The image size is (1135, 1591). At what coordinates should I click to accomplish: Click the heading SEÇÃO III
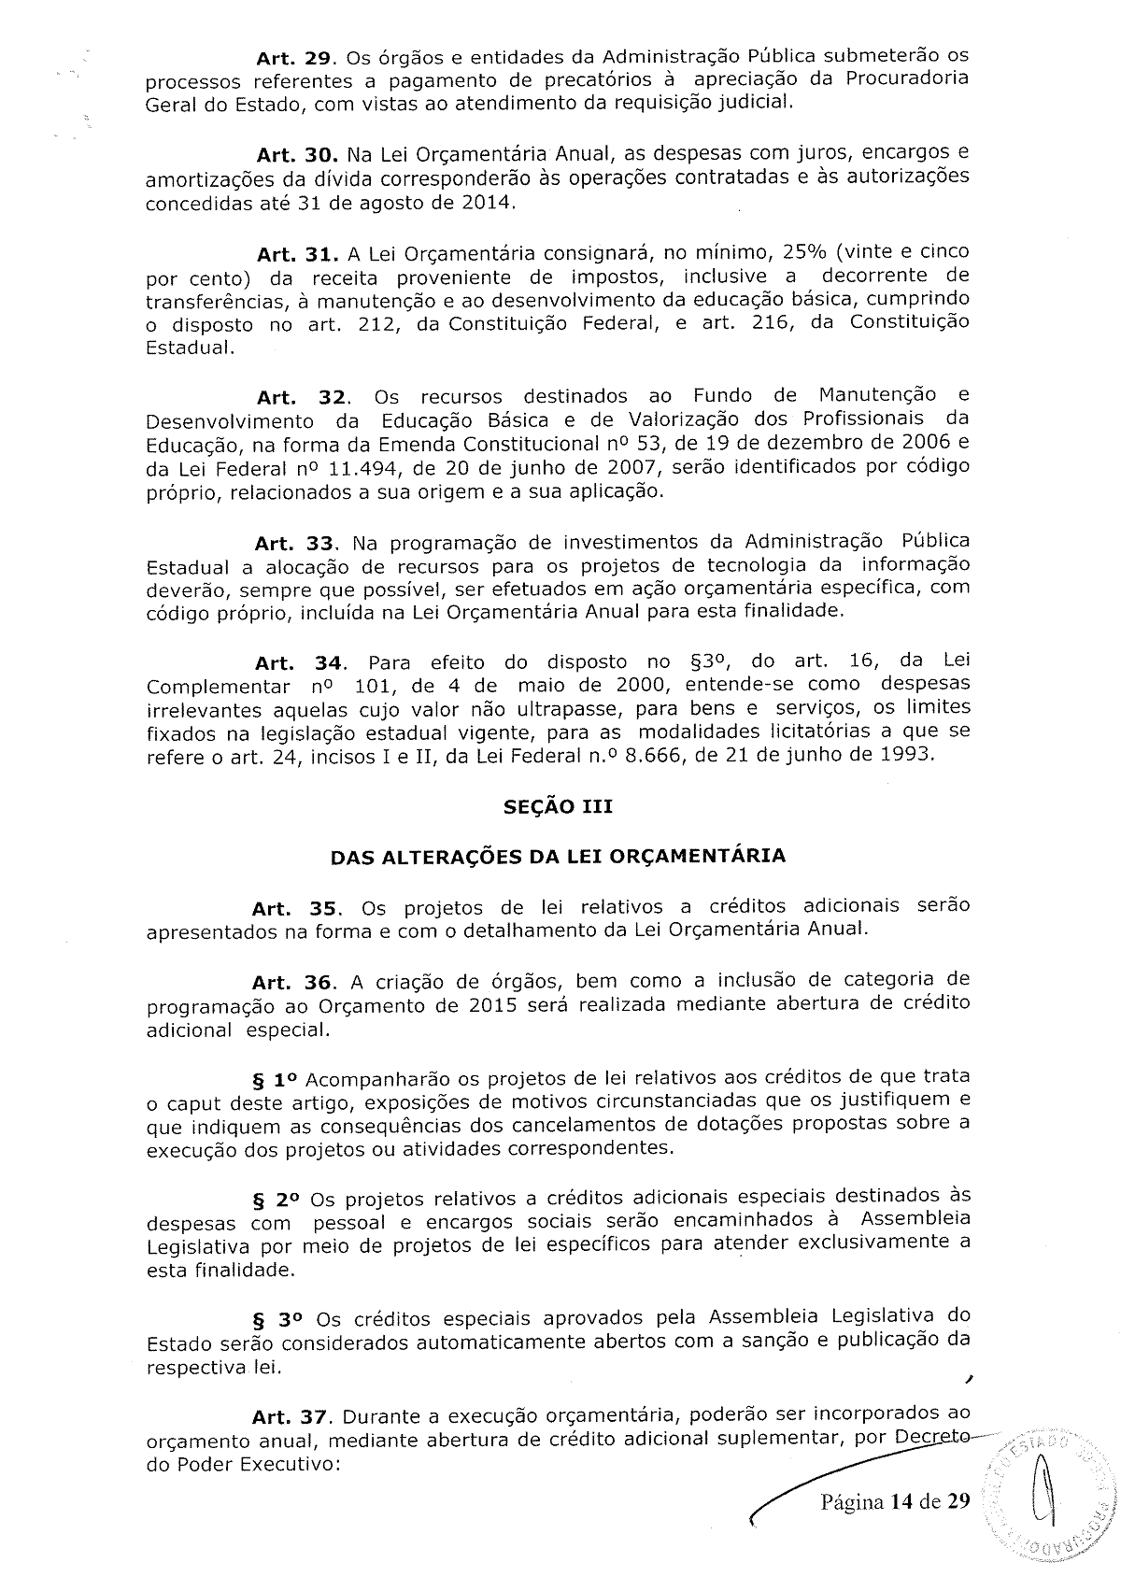coord(558,806)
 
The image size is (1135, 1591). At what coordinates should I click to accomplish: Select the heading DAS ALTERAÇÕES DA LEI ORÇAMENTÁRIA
coord(558,856)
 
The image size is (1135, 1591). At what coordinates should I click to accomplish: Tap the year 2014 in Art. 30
coord(487,202)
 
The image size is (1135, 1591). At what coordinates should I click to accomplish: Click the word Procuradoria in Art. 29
coord(907,78)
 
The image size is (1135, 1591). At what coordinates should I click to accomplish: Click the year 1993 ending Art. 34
coord(906,755)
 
